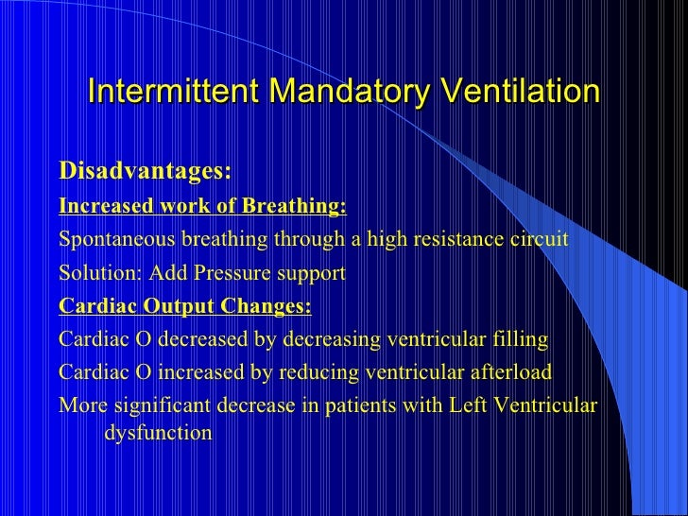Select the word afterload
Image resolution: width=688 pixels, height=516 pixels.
511,372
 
